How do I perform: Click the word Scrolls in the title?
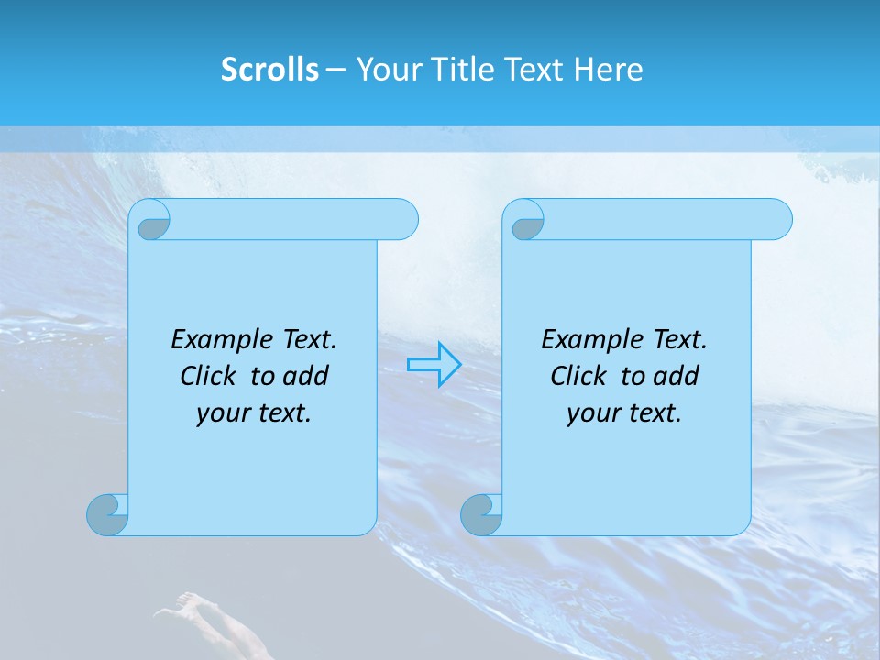pyautogui.click(x=269, y=69)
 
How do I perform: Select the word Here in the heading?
pyautogui.click(x=609, y=69)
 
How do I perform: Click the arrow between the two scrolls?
pyautogui.click(x=434, y=364)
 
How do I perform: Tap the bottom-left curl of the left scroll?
pyautogui.click(x=107, y=514)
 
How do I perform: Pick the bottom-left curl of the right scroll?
pyautogui.click(x=481, y=514)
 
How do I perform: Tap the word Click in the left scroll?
pyautogui.click(x=211, y=376)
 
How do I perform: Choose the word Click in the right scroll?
pyautogui.click(x=580, y=376)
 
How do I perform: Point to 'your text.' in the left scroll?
pyautogui.click(x=254, y=413)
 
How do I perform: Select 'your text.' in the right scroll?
pyautogui.click(x=624, y=413)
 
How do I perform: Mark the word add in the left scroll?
pyautogui.click(x=306, y=376)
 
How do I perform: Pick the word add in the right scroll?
pyautogui.click(x=676, y=376)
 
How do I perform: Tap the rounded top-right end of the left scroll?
pyautogui.click(x=403, y=219)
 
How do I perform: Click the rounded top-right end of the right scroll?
pyautogui.click(x=777, y=219)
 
